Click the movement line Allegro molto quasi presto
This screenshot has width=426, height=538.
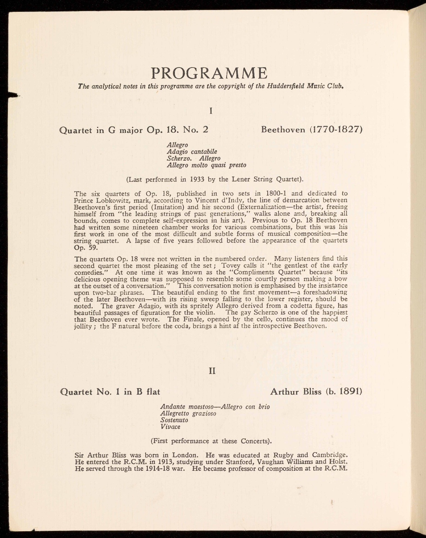click(207, 165)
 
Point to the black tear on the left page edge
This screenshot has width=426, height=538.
click(13, 95)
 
